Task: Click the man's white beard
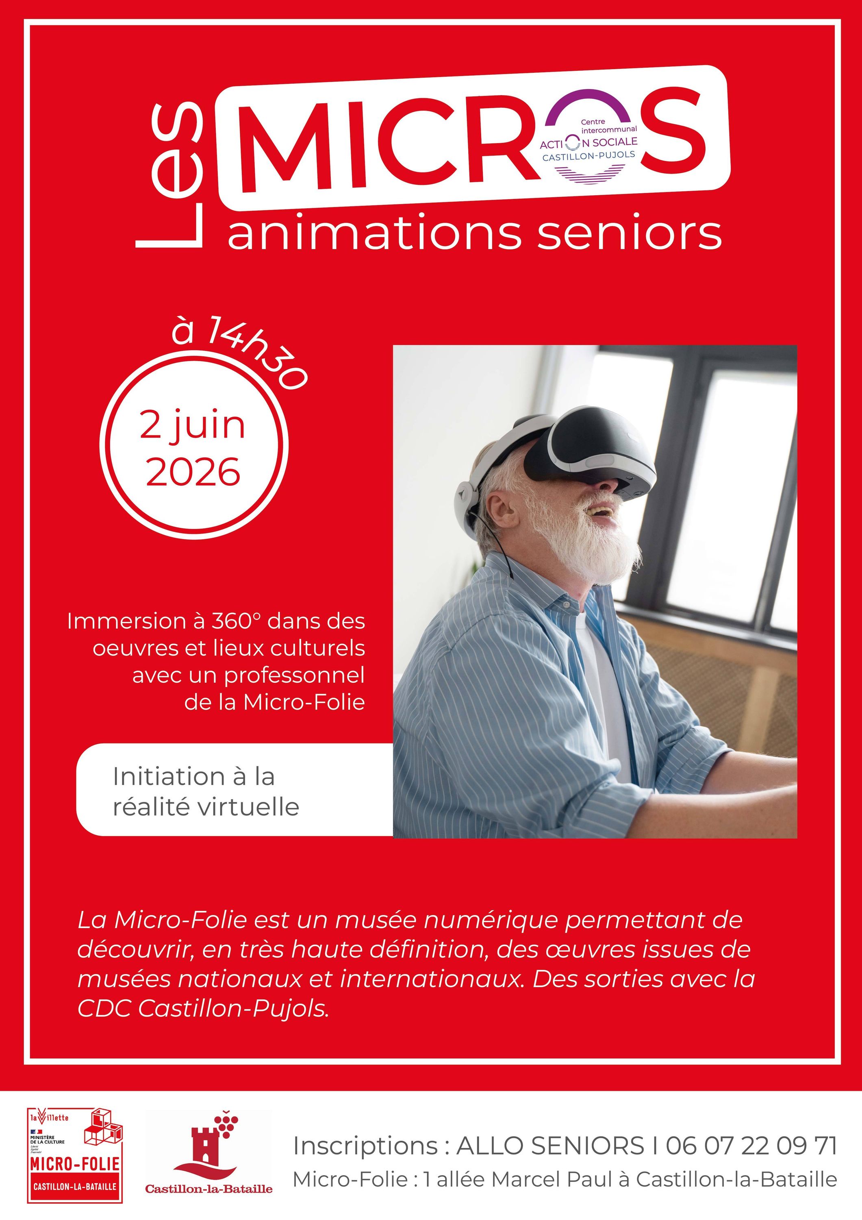tap(584, 537)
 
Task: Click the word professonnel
tap(294, 676)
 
